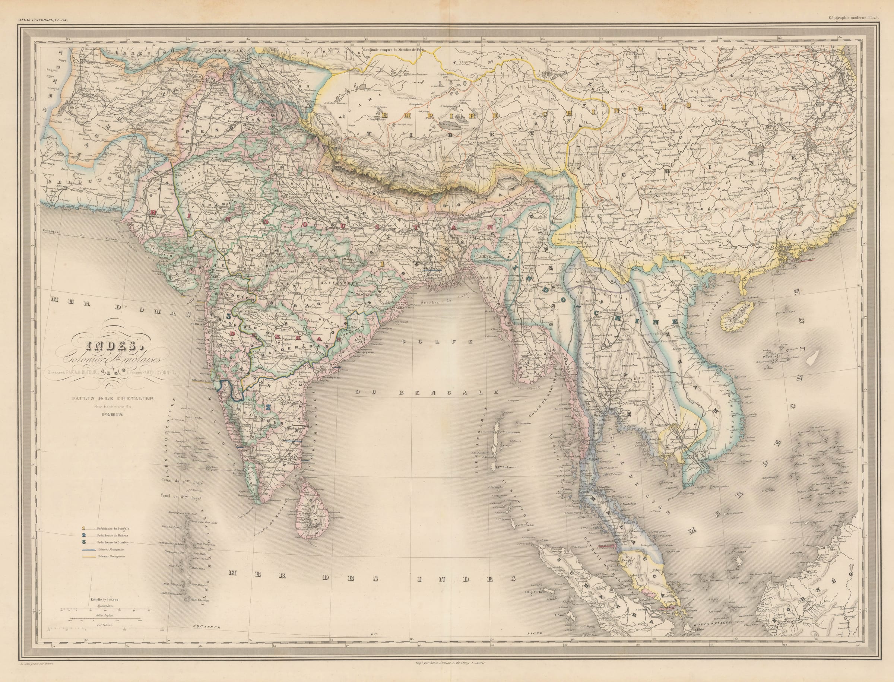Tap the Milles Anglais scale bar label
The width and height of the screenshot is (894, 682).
point(105,616)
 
